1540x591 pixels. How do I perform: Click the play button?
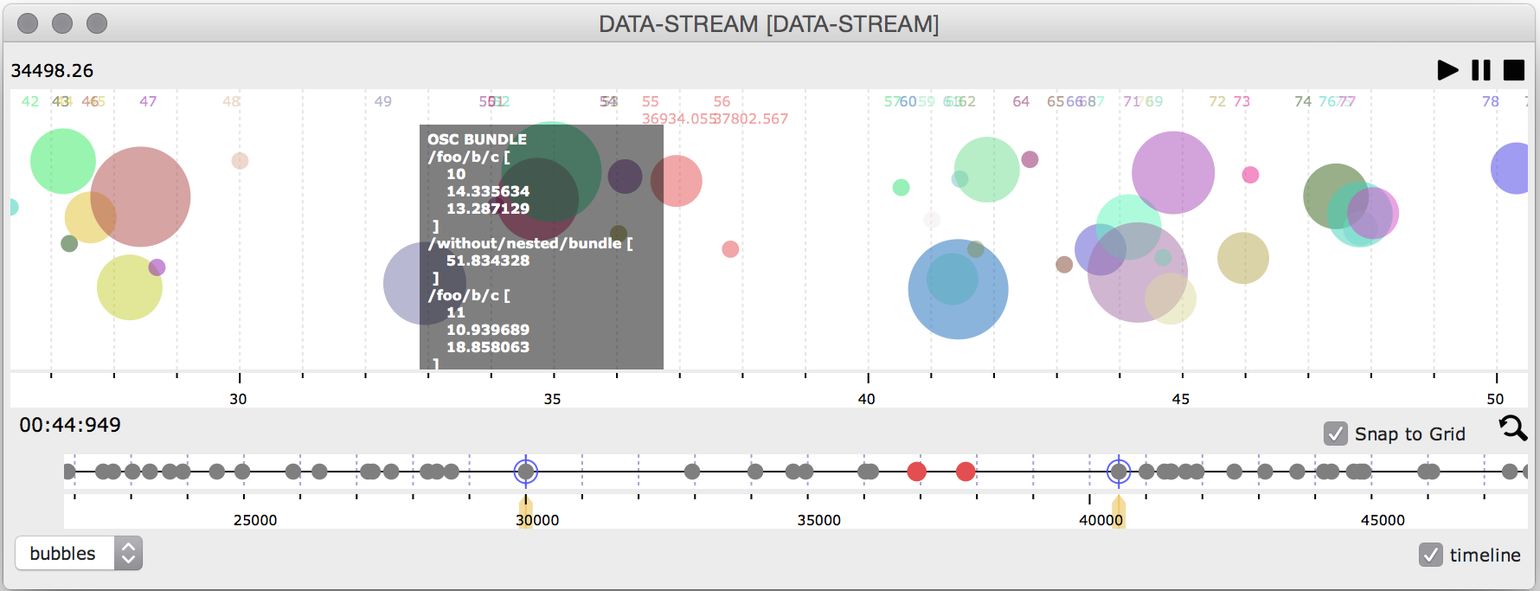pyautogui.click(x=1447, y=70)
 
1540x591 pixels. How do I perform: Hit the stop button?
pyautogui.click(x=1514, y=70)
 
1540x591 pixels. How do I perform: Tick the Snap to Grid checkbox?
pyautogui.click(x=1336, y=434)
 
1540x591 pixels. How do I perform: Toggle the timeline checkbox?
pyautogui.click(x=1431, y=555)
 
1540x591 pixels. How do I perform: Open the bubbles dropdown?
pyautogui.click(x=79, y=554)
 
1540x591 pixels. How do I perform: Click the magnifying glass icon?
pyautogui.click(x=1512, y=427)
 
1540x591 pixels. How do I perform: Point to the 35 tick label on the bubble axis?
pyautogui.click(x=552, y=399)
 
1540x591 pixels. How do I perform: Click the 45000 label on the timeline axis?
pyautogui.click(x=1383, y=520)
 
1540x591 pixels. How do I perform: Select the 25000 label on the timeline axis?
pyautogui.click(x=255, y=520)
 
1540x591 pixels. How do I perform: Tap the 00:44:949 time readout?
pyautogui.click(x=70, y=425)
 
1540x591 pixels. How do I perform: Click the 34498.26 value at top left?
pyautogui.click(x=52, y=71)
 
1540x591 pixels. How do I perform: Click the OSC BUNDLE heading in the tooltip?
pyautogui.click(x=477, y=139)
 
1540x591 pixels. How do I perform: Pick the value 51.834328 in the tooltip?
pyautogui.click(x=487, y=260)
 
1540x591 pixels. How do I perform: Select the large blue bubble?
pyautogui.click(x=958, y=289)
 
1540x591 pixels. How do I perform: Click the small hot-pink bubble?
pyautogui.click(x=1250, y=175)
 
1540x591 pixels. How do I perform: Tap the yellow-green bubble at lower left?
pyautogui.click(x=130, y=287)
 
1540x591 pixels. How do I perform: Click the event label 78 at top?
pyautogui.click(x=1490, y=101)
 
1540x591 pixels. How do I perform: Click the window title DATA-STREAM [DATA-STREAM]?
pyautogui.click(x=768, y=24)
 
